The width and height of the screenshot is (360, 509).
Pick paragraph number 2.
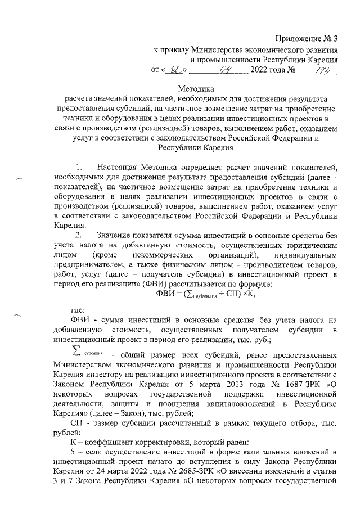(79, 251)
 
